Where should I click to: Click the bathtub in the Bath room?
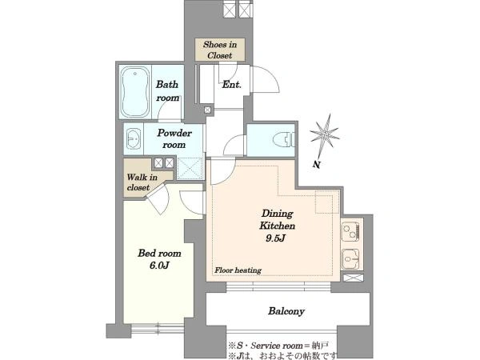135,92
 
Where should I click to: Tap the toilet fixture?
284,140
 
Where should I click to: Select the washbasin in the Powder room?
133,138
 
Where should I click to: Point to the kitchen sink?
350,259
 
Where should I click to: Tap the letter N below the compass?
317,165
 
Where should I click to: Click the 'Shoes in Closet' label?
220,50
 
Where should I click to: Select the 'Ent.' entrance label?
231,85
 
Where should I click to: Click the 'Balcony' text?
286,311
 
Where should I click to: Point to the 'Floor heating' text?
238,270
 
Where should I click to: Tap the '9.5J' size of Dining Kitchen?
275,238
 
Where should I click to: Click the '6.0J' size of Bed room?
159,265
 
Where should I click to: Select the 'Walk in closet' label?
142,182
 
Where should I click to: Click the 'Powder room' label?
174,138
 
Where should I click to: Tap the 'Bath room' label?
167,91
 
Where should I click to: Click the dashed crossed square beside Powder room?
190,168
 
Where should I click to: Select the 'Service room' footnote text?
277,346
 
